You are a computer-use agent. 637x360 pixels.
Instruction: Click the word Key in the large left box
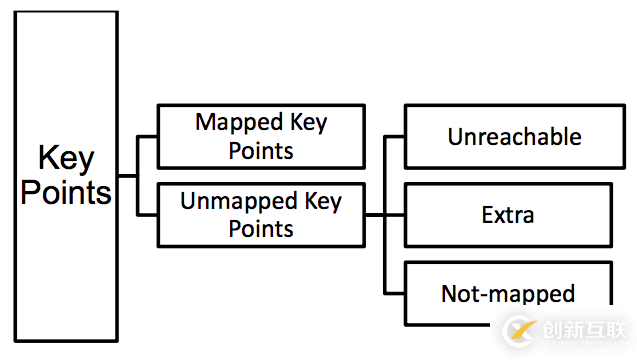(x=66, y=159)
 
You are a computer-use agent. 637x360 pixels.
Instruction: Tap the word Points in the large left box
(x=66, y=191)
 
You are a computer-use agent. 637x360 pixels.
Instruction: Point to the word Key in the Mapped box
(x=307, y=123)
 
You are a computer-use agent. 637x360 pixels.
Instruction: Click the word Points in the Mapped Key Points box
(x=261, y=150)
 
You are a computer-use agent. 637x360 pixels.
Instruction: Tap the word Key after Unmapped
(x=322, y=201)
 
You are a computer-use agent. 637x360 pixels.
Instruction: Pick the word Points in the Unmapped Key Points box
(x=261, y=228)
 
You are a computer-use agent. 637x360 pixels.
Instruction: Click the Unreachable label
(x=514, y=136)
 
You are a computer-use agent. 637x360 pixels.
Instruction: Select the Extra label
(x=507, y=214)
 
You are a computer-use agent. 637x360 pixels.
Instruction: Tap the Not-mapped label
(x=507, y=293)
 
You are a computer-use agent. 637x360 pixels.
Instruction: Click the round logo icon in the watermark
(x=521, y=330)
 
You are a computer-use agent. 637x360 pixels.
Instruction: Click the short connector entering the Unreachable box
(x=395, y=136)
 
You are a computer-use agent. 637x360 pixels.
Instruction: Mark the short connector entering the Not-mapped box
(x=395, y=293)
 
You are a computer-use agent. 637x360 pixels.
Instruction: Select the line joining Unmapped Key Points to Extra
(x=384, y=214)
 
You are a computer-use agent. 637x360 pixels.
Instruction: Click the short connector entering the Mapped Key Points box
(x=148, y=136)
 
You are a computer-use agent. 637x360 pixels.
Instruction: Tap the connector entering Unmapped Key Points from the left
(x=148, y=214)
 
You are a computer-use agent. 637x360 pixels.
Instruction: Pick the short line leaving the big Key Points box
(x=128, y=175)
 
